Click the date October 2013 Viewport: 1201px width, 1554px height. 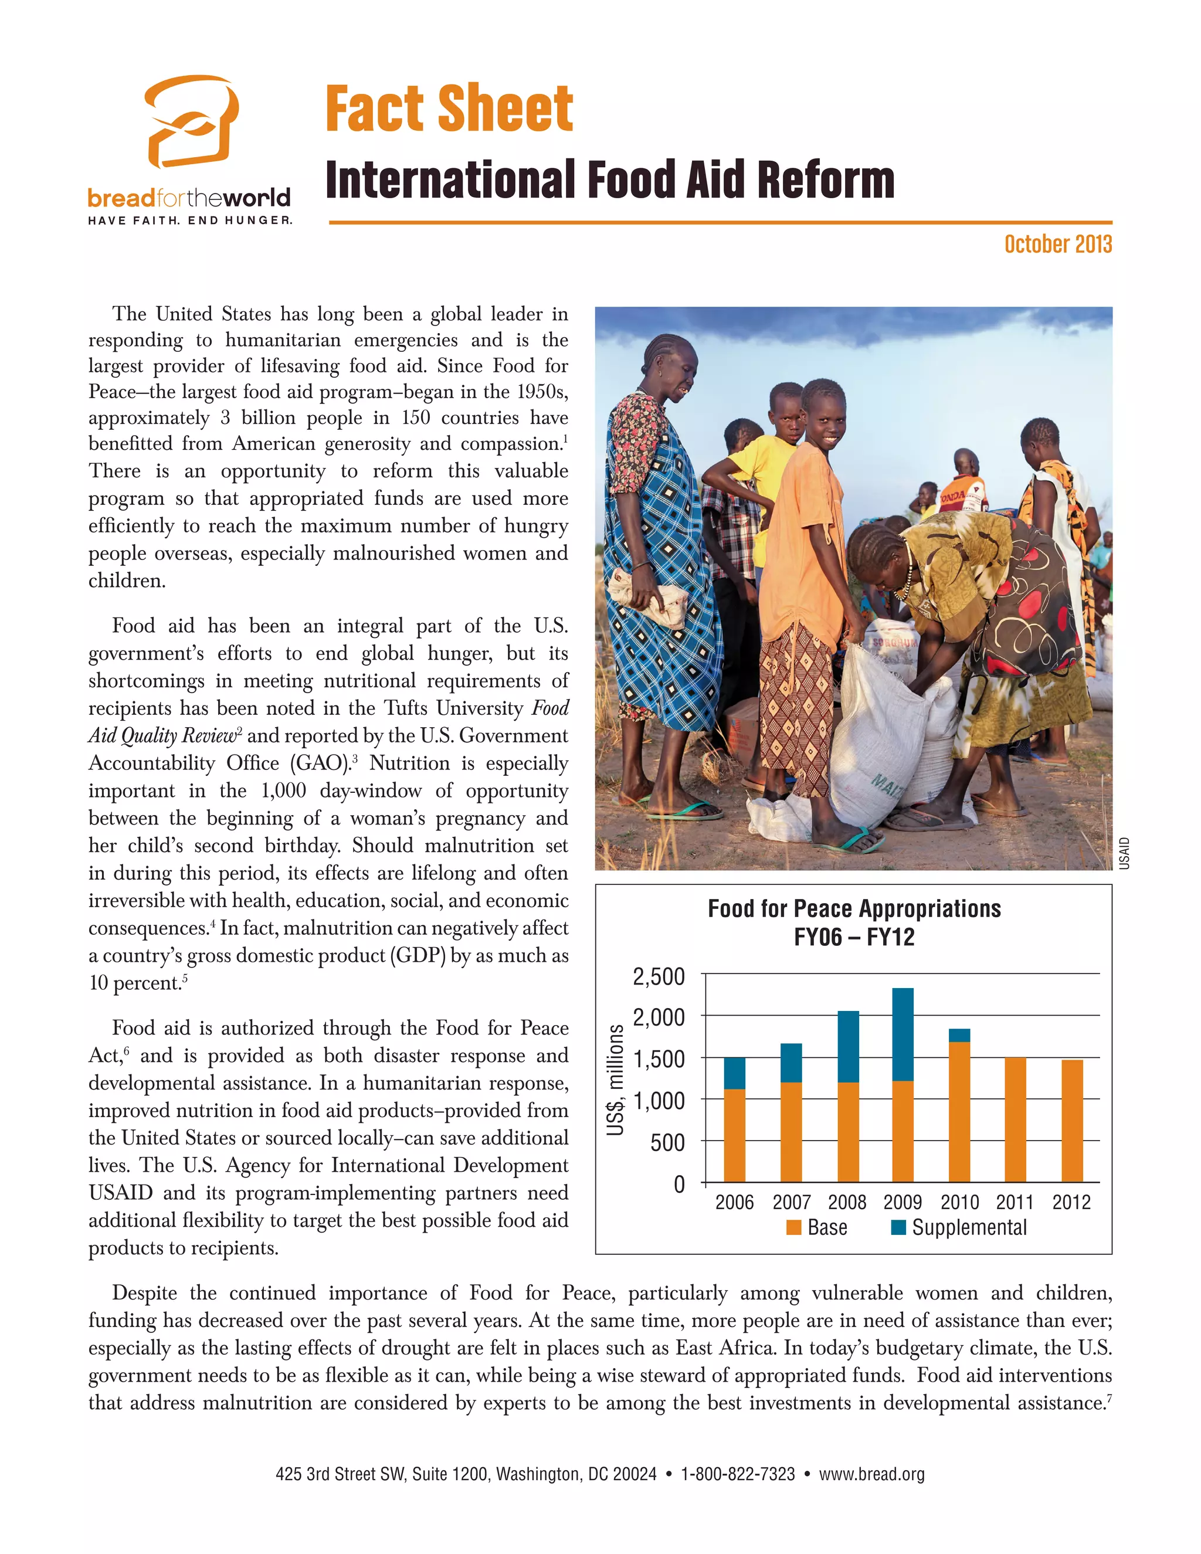point(1057,244)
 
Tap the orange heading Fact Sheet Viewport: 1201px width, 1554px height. point(449,109)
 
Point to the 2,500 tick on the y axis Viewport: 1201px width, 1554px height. point(659,976)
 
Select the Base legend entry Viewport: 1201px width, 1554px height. point(817,1227)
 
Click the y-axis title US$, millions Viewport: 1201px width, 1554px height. point(615,1080)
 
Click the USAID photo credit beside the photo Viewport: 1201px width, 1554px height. point(1124,853)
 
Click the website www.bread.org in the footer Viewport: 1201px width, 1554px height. point(871,1474)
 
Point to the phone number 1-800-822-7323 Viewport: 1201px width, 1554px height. point(738,1474)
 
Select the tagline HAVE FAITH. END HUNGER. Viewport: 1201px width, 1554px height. point(190,220)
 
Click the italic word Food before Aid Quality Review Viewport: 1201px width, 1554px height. point(551,708)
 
